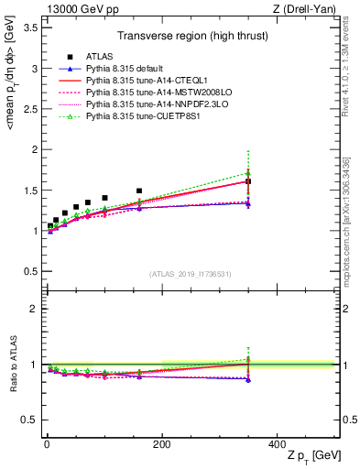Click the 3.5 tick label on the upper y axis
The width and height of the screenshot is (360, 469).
(28, 27)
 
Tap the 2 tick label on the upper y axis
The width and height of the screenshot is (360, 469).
(33, 149)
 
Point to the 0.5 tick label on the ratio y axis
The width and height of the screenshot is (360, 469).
(28, 420)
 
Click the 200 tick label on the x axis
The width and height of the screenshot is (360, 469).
(161, 443)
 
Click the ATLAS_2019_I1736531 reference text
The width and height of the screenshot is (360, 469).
(191, 274)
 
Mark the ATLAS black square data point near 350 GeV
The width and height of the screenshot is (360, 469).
(248, 181)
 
